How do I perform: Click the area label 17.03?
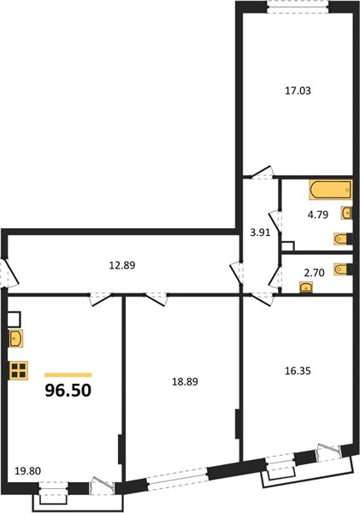coord(298,91)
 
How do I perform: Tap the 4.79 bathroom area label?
coord(318,215)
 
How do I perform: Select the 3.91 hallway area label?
coord(260,233)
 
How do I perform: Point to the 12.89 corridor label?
coord(122,265)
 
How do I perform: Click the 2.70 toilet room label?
coord(314,273)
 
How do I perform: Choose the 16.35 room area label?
coord(298,371)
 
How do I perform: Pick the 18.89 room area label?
coord(185,381)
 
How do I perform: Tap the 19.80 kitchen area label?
coord(28,471)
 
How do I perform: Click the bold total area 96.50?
coord(68,391)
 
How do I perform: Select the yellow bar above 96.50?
coord(68,375)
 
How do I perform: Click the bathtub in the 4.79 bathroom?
coord(330,190)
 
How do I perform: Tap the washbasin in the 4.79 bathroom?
coord(346,213)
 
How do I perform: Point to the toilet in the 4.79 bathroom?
coord(343,239)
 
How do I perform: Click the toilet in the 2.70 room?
coord(343,269)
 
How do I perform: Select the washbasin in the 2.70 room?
coord(306,288)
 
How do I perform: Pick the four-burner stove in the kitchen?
coord(20,370)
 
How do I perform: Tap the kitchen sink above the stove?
coord(16,339)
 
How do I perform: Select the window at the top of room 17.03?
coord(298,7)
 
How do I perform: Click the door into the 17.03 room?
coord(263,173)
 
